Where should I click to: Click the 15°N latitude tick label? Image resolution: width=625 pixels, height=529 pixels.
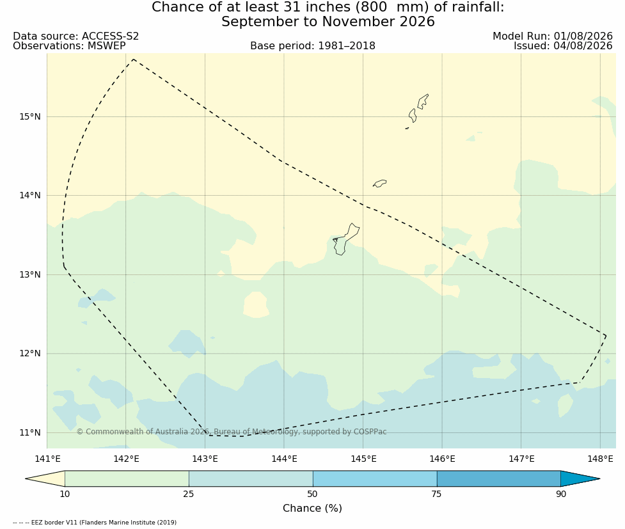click(30, 117)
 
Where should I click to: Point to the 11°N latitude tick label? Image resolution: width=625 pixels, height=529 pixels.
click(30, 432)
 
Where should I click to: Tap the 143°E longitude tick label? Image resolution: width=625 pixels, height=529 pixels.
click(205, 459)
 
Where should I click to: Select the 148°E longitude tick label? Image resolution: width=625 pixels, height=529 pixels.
click(600, 459)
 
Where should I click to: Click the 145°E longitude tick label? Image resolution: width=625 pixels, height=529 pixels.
click(363, 459)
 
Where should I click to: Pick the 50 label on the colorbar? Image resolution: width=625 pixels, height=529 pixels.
click(312, 494)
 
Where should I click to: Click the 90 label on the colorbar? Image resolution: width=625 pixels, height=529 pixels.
click(561, 494)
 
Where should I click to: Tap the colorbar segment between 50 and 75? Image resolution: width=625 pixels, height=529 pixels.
click(375, 478)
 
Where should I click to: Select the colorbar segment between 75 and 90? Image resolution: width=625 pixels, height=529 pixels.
click(498, 478)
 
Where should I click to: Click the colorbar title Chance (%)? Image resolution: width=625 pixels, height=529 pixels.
click(312, 509)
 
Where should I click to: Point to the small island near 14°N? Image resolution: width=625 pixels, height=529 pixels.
click(379, 184)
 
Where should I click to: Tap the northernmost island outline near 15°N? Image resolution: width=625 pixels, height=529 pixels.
click(422, 102)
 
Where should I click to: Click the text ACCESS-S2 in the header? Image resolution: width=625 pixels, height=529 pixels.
click(111, 36)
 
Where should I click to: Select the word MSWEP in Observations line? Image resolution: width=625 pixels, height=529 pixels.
click(106, 46)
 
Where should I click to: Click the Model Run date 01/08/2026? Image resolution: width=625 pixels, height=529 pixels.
click(583, 36)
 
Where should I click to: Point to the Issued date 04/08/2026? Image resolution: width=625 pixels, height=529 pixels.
click(583, 46)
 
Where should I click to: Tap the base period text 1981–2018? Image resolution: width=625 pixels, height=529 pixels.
click(346, 46)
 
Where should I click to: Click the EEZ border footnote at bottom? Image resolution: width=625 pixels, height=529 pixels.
click(95, 522)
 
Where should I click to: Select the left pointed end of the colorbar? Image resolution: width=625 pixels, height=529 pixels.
click(26, 478)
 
